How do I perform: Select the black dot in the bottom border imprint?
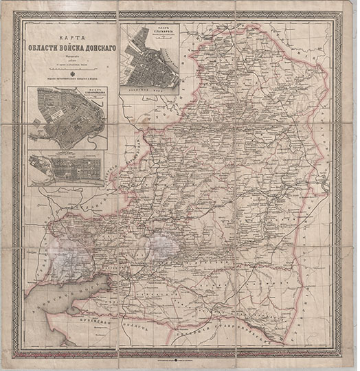pos(180,359)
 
